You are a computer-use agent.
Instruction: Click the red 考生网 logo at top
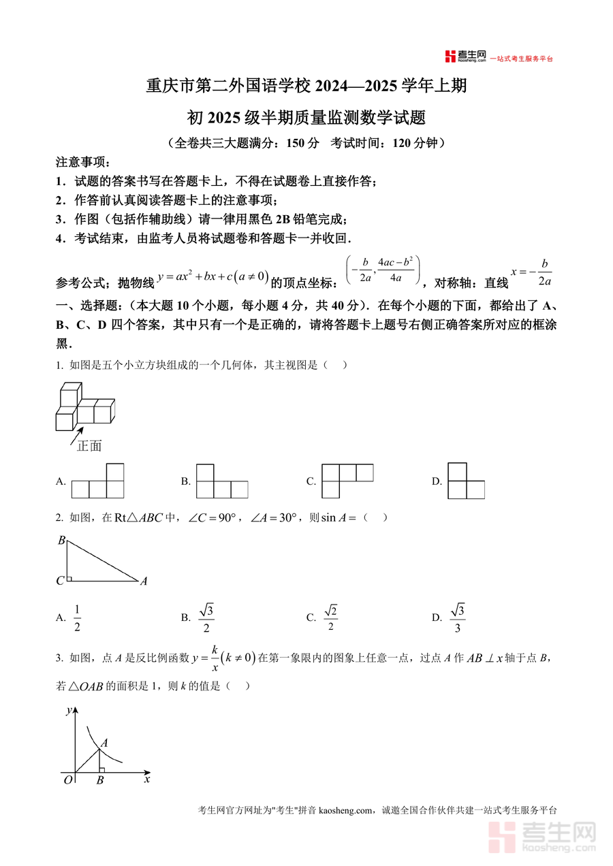click(465, 57)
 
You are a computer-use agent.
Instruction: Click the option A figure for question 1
click(97, 481)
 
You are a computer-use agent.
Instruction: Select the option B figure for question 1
click(222, 481)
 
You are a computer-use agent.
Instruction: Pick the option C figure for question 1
click(347, 481)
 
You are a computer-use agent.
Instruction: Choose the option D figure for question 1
click(466, 481)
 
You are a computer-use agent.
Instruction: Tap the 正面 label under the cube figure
click(89, 446)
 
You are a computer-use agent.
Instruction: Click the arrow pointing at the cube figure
click(76, 435)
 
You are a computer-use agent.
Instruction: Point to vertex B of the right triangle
click(61, 541)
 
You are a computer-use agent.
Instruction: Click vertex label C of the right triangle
click(60, 581)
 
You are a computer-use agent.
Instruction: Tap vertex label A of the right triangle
click(144, 581)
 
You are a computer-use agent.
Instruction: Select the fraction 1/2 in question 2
click(77, 618)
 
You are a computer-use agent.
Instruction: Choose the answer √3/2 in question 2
click(206, 618)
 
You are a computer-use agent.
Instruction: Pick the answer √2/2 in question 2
click(331, 618)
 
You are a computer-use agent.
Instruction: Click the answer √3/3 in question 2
click(458, 618)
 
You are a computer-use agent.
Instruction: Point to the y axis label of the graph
click(69, 710)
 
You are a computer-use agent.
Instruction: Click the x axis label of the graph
click(146, 779)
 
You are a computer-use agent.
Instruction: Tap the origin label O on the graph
click(67, 780)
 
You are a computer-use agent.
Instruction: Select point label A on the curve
click(104, 743)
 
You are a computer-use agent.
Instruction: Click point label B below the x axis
click(99, 781)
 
